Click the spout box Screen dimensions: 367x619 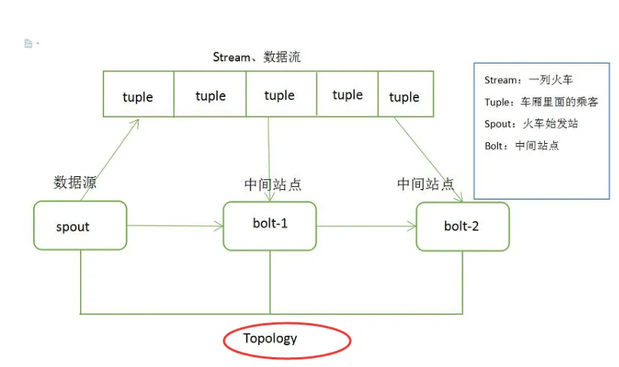(x=79, y=225)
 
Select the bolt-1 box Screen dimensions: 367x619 (x=270, y=225)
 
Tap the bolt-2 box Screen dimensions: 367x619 (x=462, y=226)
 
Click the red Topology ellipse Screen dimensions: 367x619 (x=287, y=340)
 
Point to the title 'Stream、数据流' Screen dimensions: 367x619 (x=257, y=57)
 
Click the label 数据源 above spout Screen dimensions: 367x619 (x=75, y=182)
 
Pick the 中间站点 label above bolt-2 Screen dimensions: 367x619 (x=425, y=184)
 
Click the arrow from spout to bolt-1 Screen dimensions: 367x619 (x=174, y=225)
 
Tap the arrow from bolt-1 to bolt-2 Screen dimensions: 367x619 (x=366, y=225)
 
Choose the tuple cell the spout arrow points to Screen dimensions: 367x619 (x=138, y=96)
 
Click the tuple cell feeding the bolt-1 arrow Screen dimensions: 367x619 (x=279, y=95)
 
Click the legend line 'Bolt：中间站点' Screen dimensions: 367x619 (x=521, y=145)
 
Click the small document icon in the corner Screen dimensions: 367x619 (x=29, y=44)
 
